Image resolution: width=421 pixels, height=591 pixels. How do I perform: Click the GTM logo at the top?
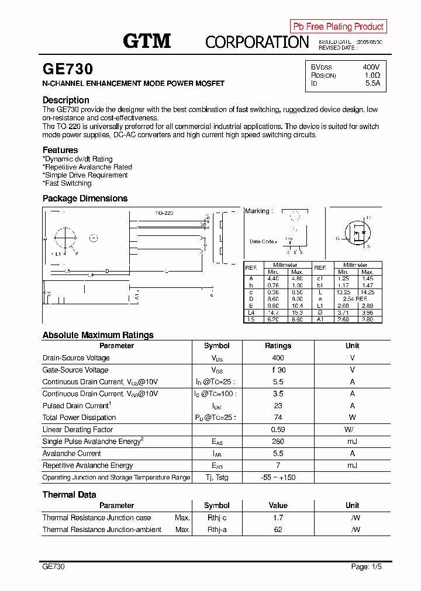(x=147, y=41)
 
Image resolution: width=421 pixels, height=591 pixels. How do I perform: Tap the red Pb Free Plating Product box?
(x=338, y=26)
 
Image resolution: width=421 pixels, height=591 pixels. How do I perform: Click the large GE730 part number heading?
(x=68, y=69)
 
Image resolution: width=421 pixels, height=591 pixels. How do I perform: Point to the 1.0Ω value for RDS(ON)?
(x=372, y=75)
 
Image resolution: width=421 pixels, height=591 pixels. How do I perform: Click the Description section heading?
(x=66, y=100)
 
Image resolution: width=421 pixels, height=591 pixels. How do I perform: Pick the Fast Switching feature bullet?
(x=67, y=183)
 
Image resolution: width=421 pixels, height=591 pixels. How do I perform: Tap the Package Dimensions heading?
(x=85, y=199)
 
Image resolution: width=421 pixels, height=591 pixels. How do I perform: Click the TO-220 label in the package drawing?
(x=164, y=213)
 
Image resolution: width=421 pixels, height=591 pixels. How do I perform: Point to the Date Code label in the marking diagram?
(x=261, y=241)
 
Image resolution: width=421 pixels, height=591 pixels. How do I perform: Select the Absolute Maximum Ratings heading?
(x=98, y=335)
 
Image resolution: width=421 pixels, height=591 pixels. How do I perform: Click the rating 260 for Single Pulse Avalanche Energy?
(x=278, y=441)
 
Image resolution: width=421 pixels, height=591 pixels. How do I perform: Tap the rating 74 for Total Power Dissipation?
(x=278, y=418)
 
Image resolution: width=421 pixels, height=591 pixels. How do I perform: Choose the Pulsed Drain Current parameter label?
(x=76, y=406)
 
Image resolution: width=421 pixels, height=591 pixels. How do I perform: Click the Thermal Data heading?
(x=69, y=495)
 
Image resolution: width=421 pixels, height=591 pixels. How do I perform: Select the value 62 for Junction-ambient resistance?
(x=278, y=530)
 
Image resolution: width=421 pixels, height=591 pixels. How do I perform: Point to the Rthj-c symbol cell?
(x=216, y=518)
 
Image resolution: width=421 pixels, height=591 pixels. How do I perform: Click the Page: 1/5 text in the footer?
(x=367, y=566)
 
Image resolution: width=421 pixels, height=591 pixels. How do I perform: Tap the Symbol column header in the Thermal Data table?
(x=216, y=506)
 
